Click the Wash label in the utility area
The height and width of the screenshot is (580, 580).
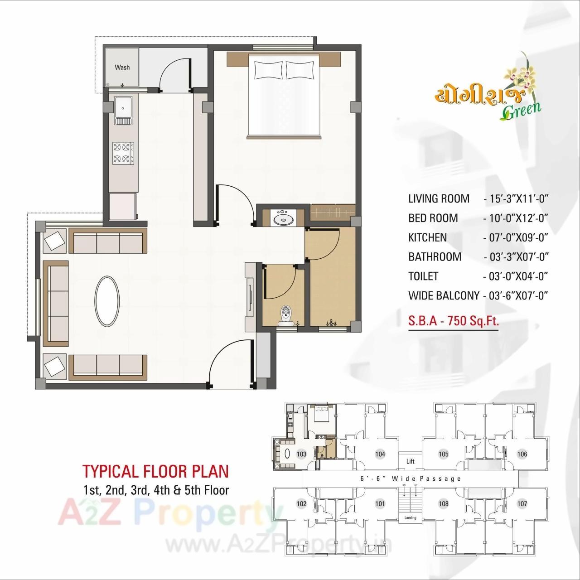(x=122, y=68)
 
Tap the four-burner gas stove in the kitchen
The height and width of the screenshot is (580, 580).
(x=123, y=153)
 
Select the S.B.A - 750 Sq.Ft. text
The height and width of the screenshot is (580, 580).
(x=453, y=321)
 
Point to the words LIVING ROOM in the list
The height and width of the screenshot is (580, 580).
(x=439, y=198)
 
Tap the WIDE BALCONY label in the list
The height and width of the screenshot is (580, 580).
(x=444, y=296)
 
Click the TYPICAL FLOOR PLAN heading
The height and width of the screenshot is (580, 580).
(x=155, y=471)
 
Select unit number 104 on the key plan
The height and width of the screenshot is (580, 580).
(x=380, y=454)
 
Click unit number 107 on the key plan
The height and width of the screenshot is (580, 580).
(x=522, y=503)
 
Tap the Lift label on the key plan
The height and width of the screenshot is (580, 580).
(x=410, y=461)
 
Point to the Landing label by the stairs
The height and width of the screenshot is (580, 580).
(x=410, y=518)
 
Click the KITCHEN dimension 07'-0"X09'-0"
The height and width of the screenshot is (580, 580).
(x=516, y=237)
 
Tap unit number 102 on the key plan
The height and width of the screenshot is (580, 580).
(x=301, y=503)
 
